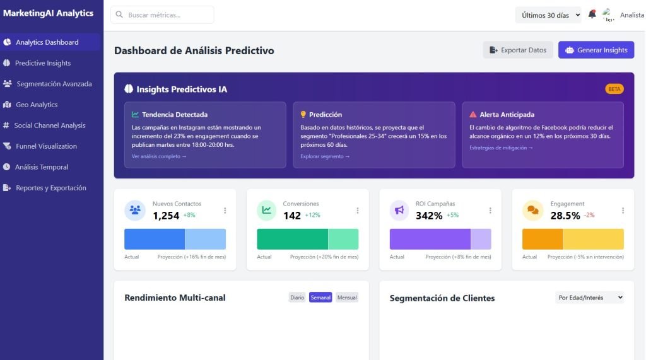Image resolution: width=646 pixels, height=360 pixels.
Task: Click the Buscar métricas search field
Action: (162, 15)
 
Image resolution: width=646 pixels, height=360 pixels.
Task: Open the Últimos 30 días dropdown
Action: (548, 15)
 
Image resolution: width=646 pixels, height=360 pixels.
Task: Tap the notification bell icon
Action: (592, 15)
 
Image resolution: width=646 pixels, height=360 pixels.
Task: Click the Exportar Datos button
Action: (518, 50)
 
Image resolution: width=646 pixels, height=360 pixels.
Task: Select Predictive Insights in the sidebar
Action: (42, 63)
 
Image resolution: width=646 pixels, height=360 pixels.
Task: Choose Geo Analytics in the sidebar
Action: (37, 105)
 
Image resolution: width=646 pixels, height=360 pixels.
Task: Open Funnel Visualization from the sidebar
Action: (46, 146)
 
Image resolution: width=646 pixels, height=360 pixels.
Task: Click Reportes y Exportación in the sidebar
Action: (50, 188)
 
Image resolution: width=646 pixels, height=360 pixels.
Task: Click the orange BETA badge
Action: (614, 89)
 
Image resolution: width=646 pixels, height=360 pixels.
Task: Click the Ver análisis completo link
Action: (159, 156)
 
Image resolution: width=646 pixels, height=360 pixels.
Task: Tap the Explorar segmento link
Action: (325, 156)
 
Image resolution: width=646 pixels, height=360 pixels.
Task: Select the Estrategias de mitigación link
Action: (501, 148)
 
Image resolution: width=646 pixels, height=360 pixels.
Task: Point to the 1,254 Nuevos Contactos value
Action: (166, 216)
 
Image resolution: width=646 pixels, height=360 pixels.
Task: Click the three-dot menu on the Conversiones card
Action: (358, 211)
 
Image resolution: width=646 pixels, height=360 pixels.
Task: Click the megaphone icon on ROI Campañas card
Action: (399, 211)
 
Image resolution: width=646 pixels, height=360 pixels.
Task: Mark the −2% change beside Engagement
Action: (589, 215)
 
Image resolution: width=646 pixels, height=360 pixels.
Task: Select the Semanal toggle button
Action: (320, 298)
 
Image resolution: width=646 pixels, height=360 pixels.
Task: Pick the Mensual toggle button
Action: (347, 298)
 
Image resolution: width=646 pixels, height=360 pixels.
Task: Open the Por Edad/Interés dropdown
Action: (590, 298)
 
